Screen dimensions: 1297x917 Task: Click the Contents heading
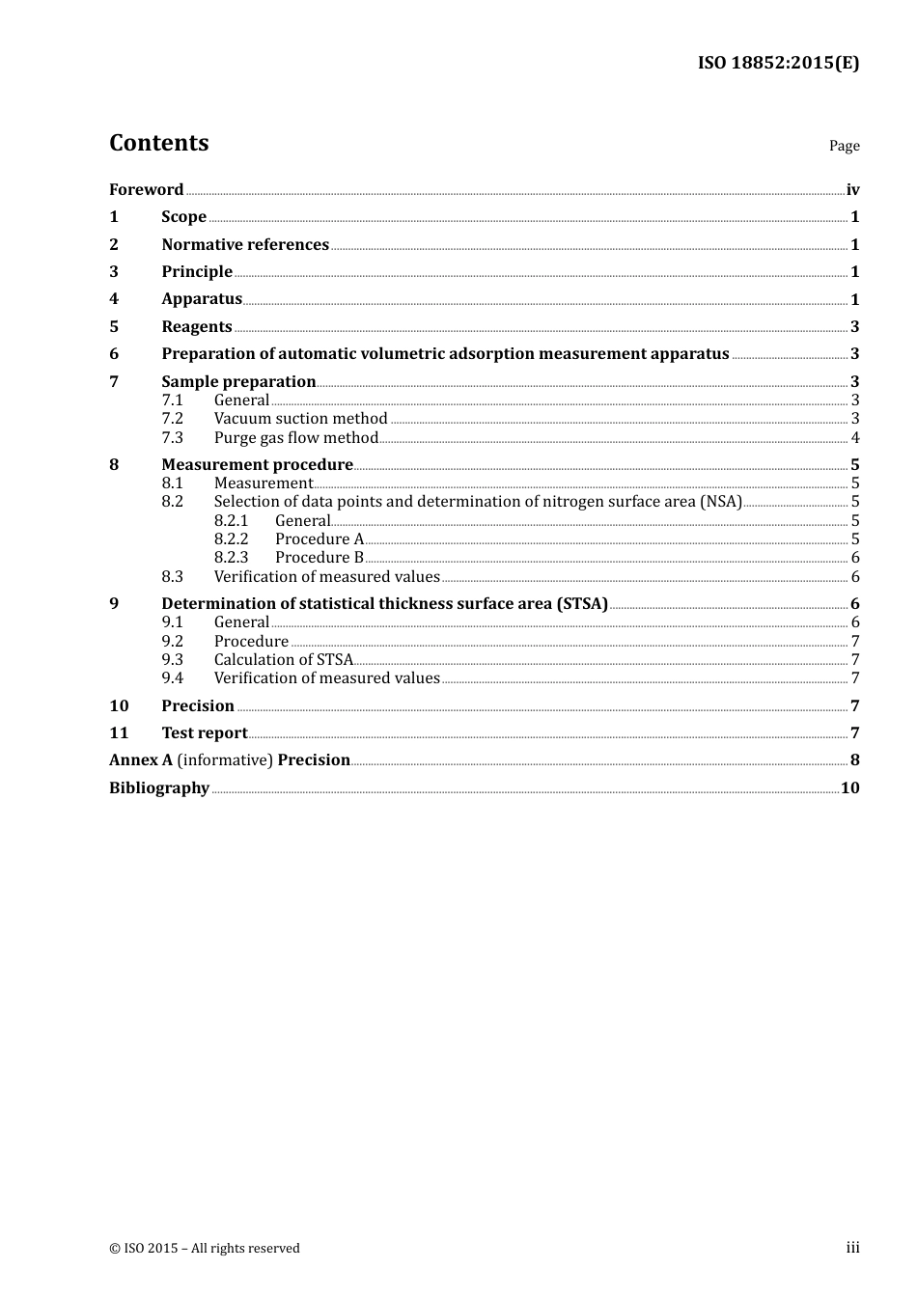pyautogui.click(x=158, y=143)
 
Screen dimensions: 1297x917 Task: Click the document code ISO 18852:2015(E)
pyautogui.click(x=778, y=64)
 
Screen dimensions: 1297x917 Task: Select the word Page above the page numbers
pyautogui.click(x=844, y=146)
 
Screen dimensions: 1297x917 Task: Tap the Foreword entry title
pyautogui.click(x=146, y=189)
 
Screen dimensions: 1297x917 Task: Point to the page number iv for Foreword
pyautogui.click(x=852, y=189)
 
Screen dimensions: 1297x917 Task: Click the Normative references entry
pyautogui.click(x=245, y=244)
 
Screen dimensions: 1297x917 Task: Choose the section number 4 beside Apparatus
pyautogui.click(x=114, y=299)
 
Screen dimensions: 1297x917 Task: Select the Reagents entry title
pyautogui.click(x=197, y=326)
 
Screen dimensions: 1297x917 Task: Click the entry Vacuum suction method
pyautogui.click(x=300, y=418)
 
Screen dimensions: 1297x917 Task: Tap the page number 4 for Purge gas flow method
pyautogui.click(x=855, y=437)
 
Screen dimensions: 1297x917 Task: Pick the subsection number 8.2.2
pyautogui.click(x=231, y=538)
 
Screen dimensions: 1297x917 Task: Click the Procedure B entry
pyautogui.click(x=320, y=557)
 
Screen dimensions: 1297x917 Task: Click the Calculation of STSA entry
pyautogui.click(x=284, y=659)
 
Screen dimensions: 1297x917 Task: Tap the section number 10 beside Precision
pyautogui.click(x=119, y=705)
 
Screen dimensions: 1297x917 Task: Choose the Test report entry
pyautogui.click(x=205, y=732)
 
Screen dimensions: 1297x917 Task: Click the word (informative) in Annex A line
pyautogui.click(x=225, y=759)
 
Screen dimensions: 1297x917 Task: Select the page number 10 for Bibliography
pyautogui.click(x=849, y=787)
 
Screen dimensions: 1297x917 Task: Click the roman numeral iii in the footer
pyautogui.click(x=852, y=1248)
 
